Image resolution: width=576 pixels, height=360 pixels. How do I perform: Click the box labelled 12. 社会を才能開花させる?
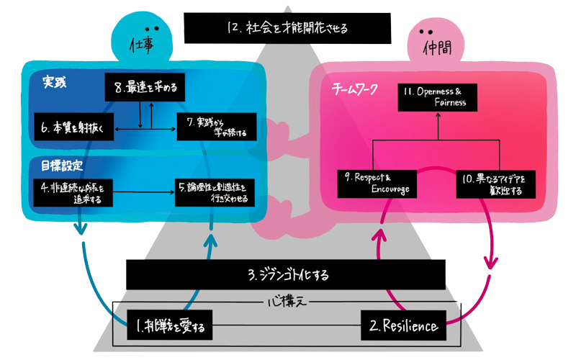287,29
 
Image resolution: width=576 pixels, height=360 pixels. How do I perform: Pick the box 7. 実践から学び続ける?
216,127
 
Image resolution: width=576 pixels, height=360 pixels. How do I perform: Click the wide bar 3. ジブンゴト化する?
288,275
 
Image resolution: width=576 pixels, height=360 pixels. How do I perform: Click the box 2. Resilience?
403,327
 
